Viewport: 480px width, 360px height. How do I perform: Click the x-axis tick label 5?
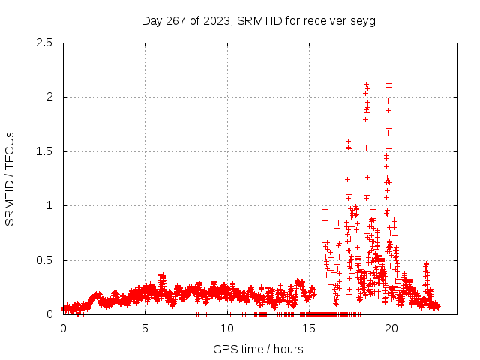(145, 328)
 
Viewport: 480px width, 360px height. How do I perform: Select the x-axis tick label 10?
(227, 328)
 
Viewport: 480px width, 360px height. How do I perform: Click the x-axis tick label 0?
(63, 328)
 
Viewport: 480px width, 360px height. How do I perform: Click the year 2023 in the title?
(219, 20)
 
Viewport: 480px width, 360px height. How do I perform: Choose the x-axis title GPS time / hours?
(258, 349)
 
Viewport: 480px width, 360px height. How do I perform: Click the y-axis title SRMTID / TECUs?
(10, 178)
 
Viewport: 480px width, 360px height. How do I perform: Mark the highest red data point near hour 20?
(388, 83)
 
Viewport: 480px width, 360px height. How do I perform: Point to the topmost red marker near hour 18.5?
(366, 85)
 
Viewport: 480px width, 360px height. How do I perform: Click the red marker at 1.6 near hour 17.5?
(348, 141)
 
